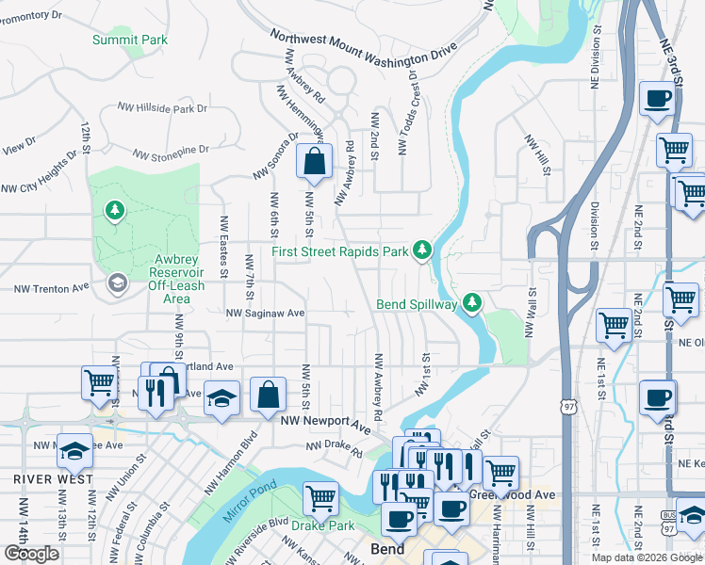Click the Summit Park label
click(x=130, y=40)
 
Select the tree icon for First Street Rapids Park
click(x=424, y=250)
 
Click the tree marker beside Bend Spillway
click(x=472, y=302)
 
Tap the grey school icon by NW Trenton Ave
click(x=117, y=283)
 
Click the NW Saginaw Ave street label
click(x=266, y=313)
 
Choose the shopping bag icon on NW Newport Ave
click(x=269, y=395)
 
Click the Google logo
click(x=31, y=554)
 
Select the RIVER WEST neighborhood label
click(x=53, y=478)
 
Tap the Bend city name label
click(x=385, y=549)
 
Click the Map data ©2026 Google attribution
click(x=647, y=557)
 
